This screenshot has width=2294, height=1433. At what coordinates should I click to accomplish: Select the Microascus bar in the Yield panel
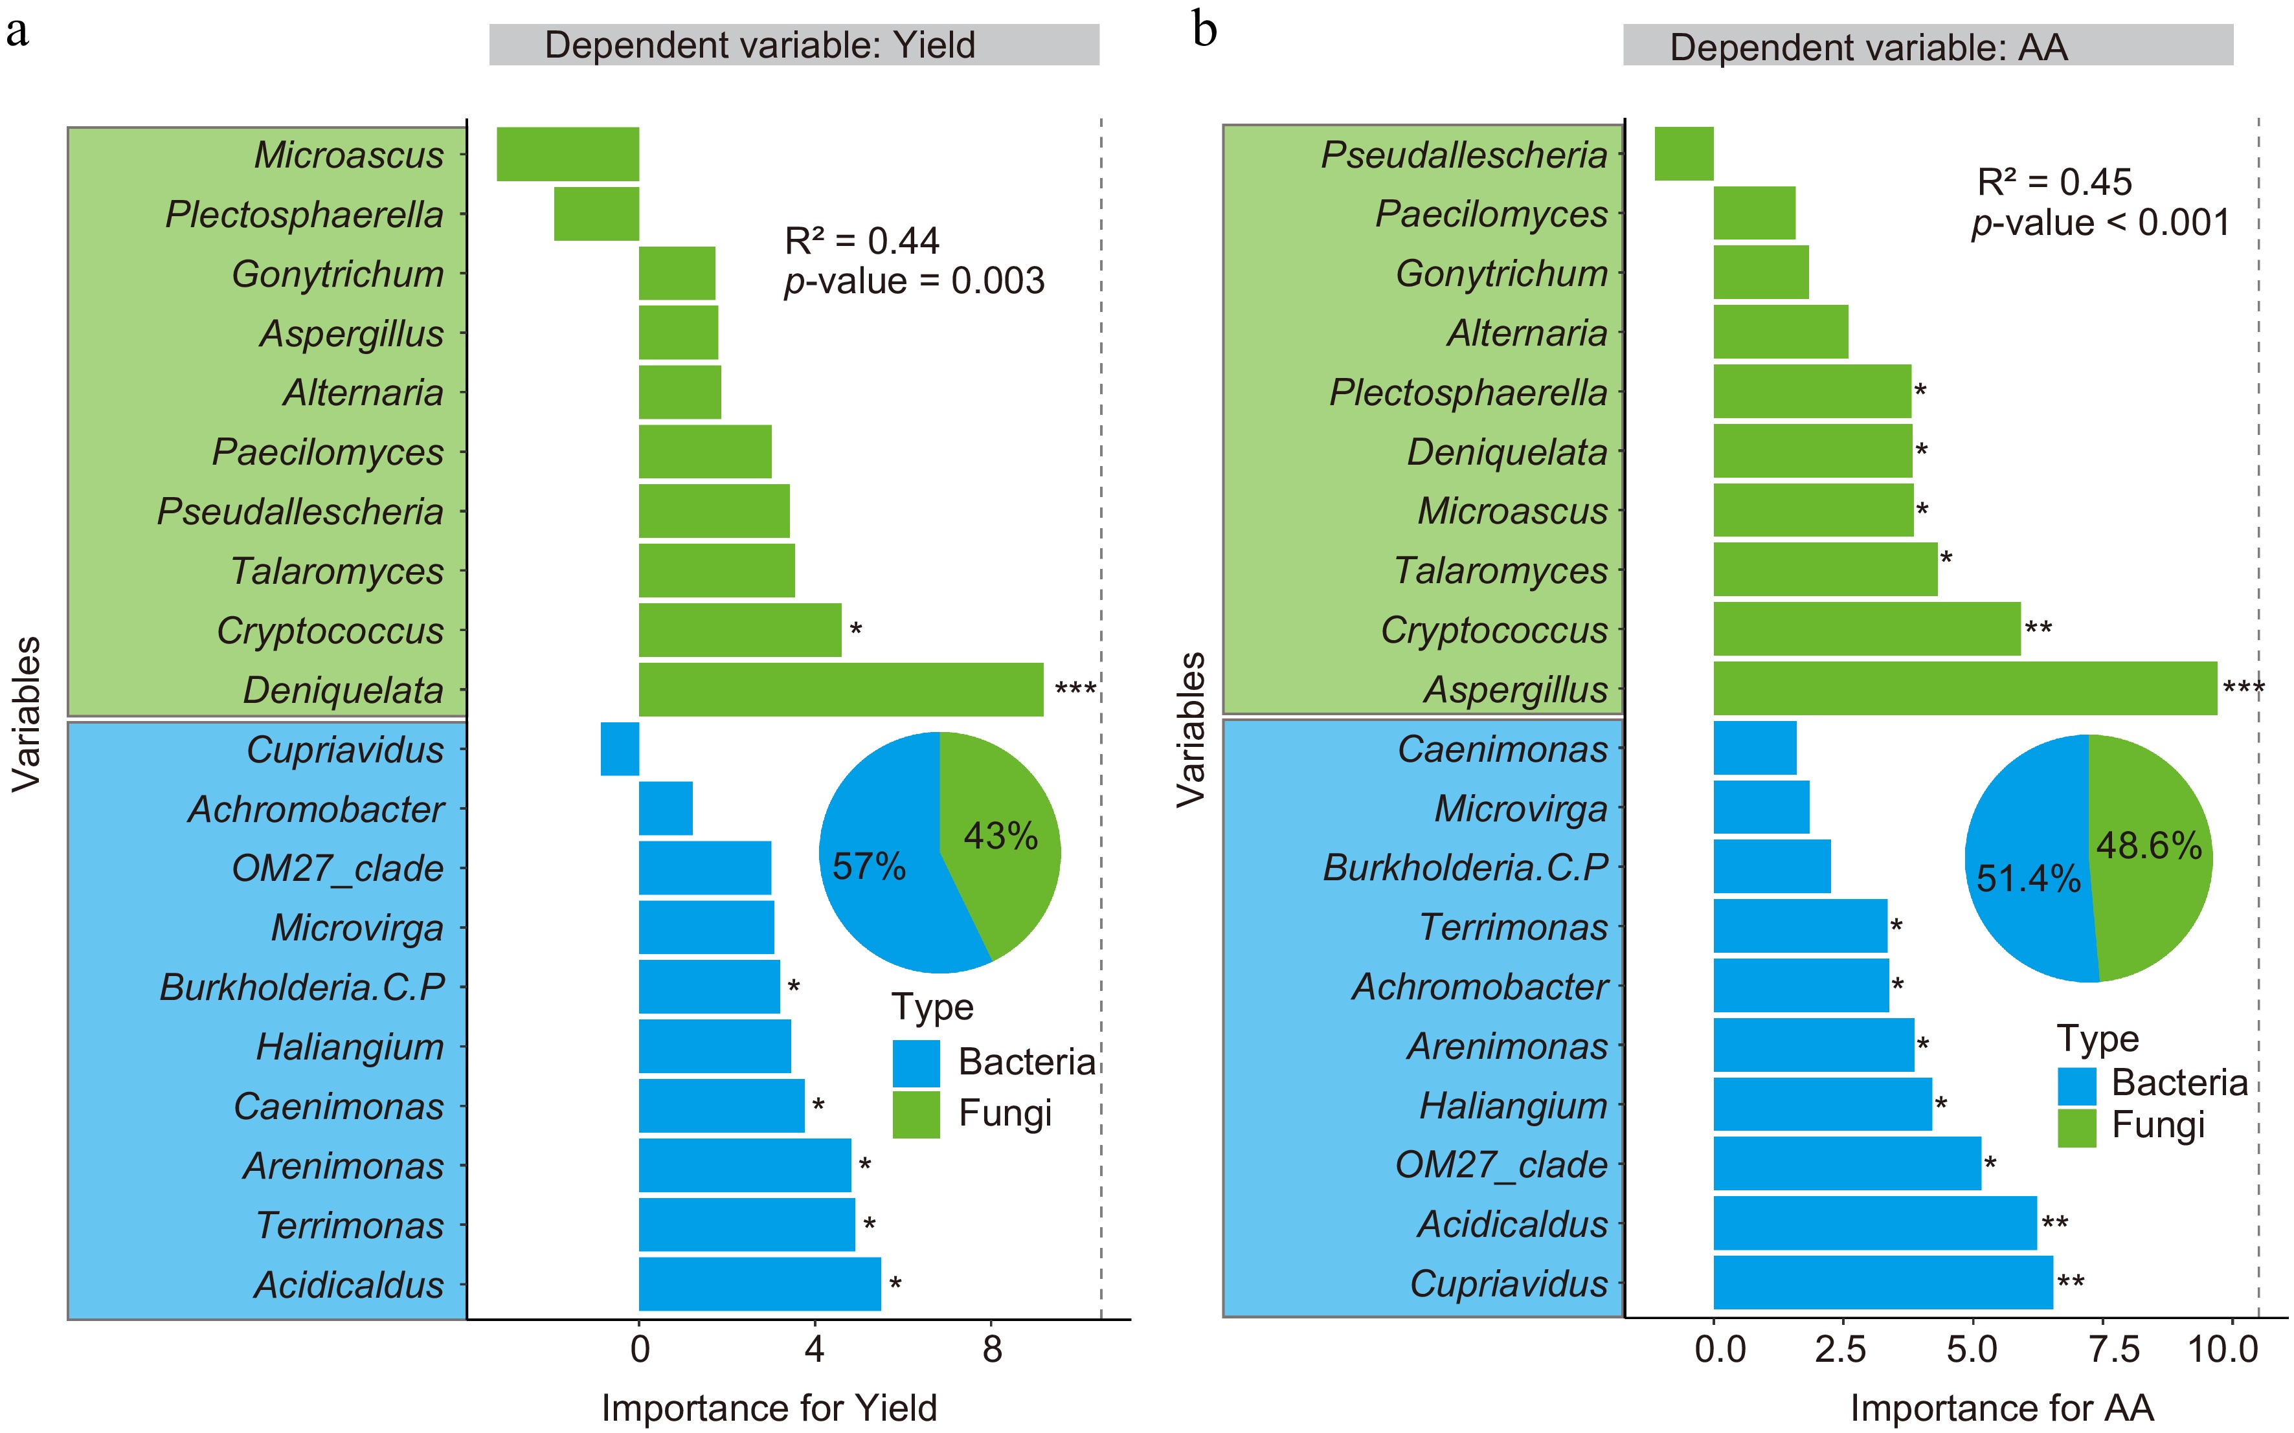568,153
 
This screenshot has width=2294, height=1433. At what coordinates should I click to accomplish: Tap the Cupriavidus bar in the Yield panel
620,749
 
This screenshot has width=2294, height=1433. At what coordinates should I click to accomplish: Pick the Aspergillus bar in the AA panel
1964,688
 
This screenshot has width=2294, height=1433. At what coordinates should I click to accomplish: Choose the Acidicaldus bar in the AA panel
1874,1223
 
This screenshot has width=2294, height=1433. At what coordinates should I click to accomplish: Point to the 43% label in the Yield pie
1000,836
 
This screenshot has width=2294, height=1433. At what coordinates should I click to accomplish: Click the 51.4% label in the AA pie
2028,878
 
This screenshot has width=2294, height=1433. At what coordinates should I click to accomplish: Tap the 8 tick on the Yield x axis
991,1350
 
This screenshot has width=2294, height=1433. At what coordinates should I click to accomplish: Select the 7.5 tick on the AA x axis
2114,1350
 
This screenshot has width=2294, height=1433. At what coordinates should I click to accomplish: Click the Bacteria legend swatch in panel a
916,1062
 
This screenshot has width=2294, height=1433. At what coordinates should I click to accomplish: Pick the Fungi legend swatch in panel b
2076,1127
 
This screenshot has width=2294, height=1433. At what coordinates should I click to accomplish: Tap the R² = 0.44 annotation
862,241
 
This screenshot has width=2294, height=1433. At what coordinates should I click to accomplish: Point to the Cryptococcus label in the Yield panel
330,630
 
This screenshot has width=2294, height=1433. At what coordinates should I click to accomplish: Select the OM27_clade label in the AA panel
1501,1164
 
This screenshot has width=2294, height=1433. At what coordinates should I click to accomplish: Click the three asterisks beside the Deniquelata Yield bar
1075,687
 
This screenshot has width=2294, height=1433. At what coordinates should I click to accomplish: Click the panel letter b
1204,30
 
